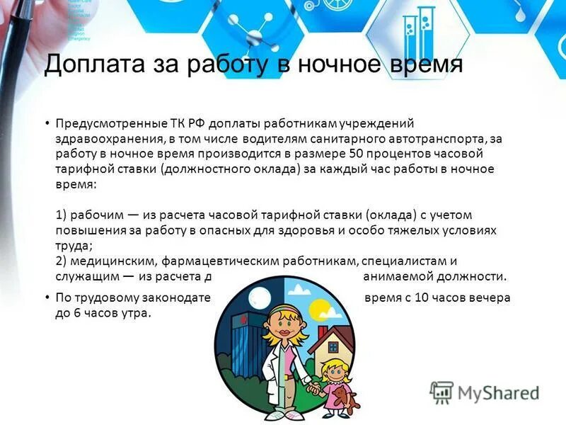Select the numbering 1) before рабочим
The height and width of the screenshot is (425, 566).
[61, 214]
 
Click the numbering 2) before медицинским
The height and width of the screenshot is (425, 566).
[61, 261]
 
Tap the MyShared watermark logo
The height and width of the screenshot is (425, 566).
[485, 392]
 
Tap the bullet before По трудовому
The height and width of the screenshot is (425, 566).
[47, 297]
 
